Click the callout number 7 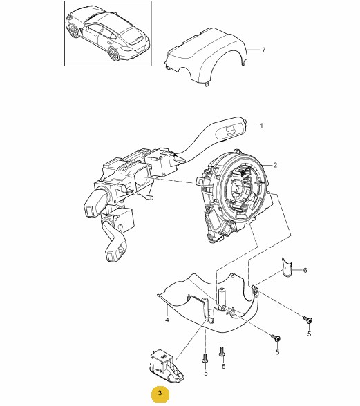(x=263, y=50)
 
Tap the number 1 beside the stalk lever (x=261, y=126)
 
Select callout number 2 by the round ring (x=275, y=165)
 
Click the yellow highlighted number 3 (x=160, y=393)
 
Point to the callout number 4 (x=167, y=320)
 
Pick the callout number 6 (x=305, y=271)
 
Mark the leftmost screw (x=205, y=359)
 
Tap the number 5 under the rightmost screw (x=309, y=334)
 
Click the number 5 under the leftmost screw (x=206, y=373)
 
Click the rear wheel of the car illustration (x=114, y=54)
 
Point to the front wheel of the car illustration (x=74, y=31)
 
